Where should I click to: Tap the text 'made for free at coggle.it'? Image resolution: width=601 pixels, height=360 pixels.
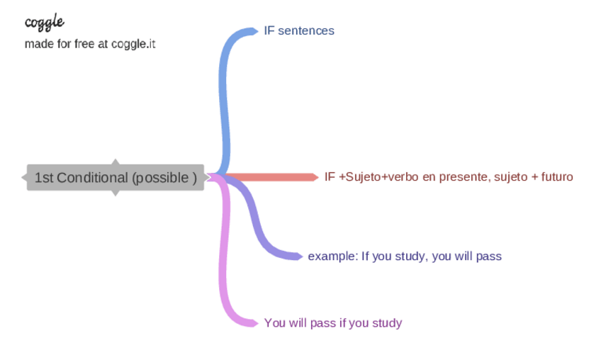coord(90,44)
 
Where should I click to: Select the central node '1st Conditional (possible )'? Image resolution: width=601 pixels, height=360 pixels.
coord(116,177)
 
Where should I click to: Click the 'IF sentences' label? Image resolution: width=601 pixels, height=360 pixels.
coord(298,30)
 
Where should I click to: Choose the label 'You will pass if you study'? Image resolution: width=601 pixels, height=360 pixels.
coord(332,323)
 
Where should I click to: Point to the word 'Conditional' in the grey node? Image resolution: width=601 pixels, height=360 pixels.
coord(92,177)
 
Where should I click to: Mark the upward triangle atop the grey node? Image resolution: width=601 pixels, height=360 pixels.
coord(116,162)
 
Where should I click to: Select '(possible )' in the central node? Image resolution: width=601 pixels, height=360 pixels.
coord(164,177)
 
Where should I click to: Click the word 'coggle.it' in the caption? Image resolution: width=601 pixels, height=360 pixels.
coord(133,44)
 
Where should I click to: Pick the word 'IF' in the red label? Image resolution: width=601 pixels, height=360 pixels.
coord(330,177)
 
